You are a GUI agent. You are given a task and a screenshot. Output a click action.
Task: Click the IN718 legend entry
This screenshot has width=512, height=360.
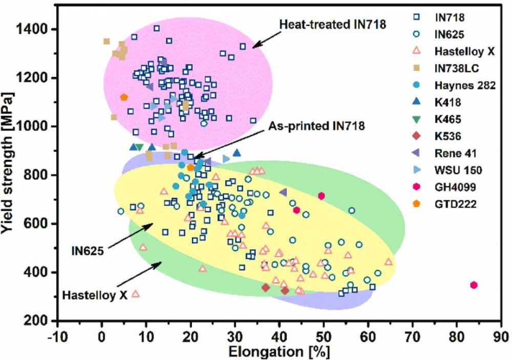[x=449, y=18]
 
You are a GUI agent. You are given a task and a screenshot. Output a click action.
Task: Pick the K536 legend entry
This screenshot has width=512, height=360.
[x=449, y=136]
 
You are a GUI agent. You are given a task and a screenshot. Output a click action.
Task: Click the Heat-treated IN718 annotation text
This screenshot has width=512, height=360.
[x=332, y=24]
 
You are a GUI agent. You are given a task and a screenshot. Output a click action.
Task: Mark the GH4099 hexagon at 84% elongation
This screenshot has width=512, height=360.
[x=474, y=285]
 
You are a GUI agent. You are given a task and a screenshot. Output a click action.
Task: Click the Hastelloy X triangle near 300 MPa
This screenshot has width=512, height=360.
[x=136, y=293]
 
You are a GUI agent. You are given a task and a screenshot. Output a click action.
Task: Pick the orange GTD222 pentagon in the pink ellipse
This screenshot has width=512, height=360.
[x=123, y=97]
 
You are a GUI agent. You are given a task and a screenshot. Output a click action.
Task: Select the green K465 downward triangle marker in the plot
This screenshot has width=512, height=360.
[x=139, y=147]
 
